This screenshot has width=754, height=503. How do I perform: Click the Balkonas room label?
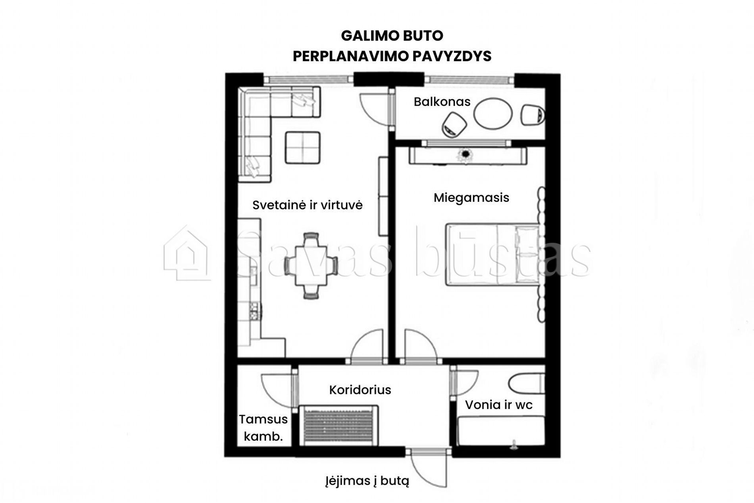click(x=442, y=102)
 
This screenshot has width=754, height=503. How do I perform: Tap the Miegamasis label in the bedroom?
click(x=471, y=197)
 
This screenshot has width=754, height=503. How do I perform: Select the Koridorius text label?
click(x=360, y=390)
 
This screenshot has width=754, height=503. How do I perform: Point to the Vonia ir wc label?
click(x=498, y=405)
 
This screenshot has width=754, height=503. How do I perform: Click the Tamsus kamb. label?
click(x=263, y=428)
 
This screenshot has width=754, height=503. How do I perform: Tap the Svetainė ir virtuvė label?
click(x=308, y=205)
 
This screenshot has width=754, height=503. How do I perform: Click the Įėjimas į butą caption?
click(x=367, y=481)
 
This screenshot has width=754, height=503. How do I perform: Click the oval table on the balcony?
click(x=493, y=114)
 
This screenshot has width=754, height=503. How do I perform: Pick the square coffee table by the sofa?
click(x=302, y=148)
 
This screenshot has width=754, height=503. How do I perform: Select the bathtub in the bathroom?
click(x=501, y=432)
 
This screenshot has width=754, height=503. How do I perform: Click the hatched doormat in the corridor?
click(x=339, y=425)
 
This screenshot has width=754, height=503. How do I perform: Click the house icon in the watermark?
click(x=187, y=253)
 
